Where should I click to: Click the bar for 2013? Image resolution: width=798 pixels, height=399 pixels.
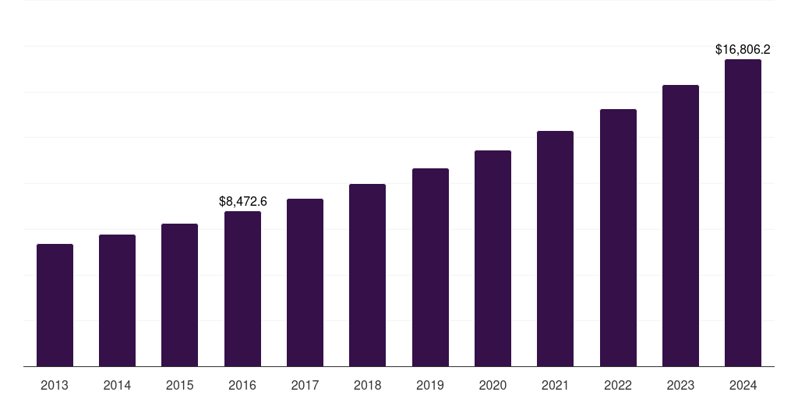point(55,305)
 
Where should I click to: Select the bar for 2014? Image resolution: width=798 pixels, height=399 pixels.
point(117,301)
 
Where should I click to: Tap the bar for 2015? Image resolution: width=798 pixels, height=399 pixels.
point(179,295)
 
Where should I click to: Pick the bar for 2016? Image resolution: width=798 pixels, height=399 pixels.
point(242,289)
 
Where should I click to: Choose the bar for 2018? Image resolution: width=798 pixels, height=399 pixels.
point(367,275)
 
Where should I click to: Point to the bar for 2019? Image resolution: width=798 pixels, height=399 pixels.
point(430,267)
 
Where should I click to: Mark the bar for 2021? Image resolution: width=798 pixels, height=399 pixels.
point(555,249)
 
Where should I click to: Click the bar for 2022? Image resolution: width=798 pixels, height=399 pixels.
point(618,238)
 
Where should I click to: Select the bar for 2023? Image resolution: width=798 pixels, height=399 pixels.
point(680,226)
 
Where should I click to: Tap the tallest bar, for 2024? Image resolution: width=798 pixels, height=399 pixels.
point(743,213)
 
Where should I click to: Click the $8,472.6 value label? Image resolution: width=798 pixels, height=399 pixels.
point(242,201)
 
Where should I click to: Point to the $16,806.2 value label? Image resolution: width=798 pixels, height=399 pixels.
point(743,49)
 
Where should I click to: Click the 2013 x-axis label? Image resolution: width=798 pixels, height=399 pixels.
point(55,385)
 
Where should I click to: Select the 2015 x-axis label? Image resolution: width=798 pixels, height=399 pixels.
point(179,385)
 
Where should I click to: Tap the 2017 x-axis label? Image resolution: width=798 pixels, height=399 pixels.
point(305,385)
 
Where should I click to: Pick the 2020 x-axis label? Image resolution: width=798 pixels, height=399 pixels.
point(493,385)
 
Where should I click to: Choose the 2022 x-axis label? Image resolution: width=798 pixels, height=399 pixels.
point(618,385)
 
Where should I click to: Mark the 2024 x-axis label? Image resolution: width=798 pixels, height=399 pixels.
point(743,385)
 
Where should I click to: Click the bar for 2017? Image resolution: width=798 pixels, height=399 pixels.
point(305,283)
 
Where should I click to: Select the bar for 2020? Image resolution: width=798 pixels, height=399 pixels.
point(493,259)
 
